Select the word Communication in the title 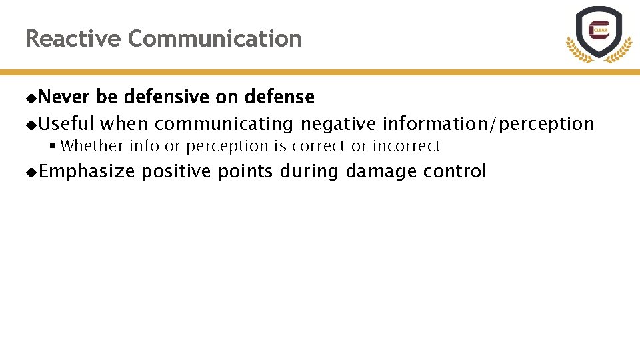[215, 39]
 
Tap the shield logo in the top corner [598, 33]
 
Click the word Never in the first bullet [64, 97]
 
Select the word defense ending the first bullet [279, 97]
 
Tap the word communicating [224, 124]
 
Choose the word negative [339, 124]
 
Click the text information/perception [488, 124]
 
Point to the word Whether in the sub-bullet [92, 146]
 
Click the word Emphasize [87, 171]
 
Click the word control [455, 171]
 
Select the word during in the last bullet [309, 171]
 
